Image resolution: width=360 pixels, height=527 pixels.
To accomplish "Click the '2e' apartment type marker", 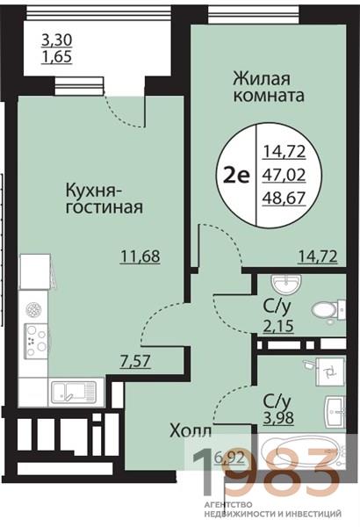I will [234, 173].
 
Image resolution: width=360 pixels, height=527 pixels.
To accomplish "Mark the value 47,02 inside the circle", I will [279, 173].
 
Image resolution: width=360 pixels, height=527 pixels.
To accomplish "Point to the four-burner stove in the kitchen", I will [36, 337].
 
